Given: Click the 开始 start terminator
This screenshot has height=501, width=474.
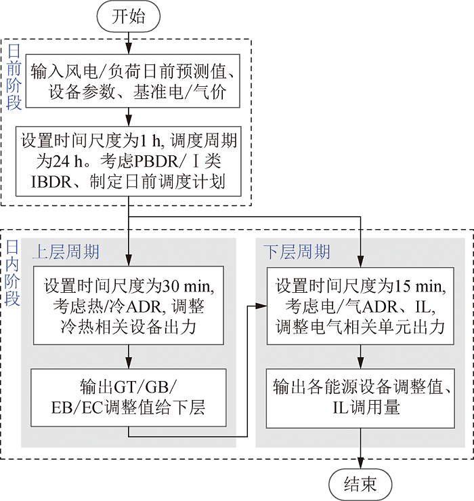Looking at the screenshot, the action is pos(128,16).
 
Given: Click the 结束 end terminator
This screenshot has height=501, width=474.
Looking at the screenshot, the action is pos(360,485).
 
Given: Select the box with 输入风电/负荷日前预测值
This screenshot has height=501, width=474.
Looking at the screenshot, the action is pos(133,81).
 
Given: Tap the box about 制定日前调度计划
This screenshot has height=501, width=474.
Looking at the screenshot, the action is pos(128,161).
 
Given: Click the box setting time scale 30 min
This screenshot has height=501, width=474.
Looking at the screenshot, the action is pos(128,306).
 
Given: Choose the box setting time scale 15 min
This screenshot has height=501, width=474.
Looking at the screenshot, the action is pos(360,306).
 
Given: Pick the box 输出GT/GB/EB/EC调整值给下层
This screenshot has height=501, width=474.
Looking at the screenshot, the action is pos(128,398).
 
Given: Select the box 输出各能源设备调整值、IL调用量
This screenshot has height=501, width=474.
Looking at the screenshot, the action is pos(360,399).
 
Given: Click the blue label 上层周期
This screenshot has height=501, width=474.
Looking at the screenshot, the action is pos(66,252).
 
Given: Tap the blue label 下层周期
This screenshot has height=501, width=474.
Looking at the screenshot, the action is pos(297,252).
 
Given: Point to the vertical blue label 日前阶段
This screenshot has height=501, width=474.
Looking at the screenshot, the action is pos(14,77).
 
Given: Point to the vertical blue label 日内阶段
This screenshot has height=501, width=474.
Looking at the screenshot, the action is pos(12,273).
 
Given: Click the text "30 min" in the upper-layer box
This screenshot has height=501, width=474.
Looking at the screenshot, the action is pos(188,286).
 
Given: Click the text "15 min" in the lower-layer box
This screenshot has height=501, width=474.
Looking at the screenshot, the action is pos(420,286).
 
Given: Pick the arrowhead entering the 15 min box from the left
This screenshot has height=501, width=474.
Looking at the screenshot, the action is pos(261,306).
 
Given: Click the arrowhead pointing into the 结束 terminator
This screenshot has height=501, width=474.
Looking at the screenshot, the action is pos(360,463).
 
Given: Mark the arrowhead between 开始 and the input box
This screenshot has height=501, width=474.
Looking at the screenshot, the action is pos(128,48).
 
